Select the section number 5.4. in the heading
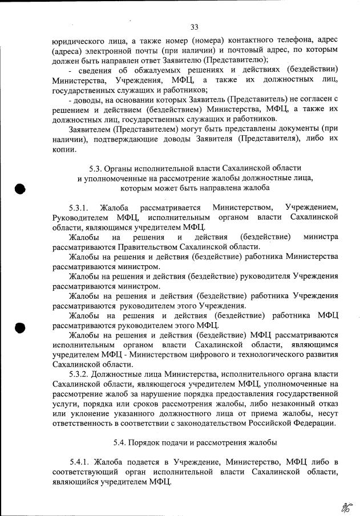point(120,442)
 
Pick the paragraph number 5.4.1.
point(79,461)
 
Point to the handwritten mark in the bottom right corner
point(345,504)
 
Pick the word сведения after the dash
point(96,70)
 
